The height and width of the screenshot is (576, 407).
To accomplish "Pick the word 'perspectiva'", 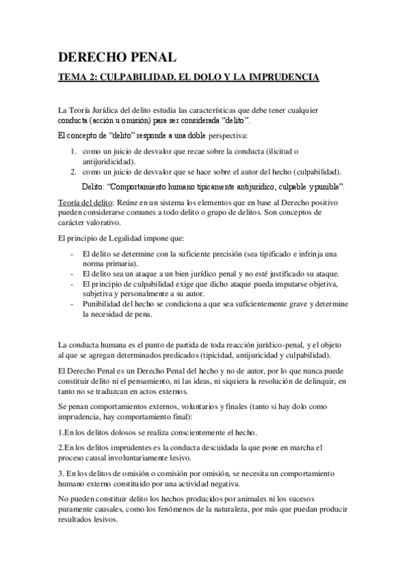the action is coord(226,136).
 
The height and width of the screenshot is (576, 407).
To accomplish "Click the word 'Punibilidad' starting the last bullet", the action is coord(103,305).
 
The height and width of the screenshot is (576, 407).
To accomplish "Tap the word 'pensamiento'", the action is coord(130,382).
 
